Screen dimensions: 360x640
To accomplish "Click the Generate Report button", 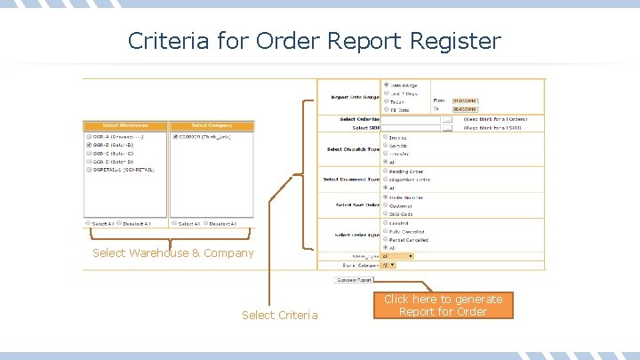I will click(x=354, y=279).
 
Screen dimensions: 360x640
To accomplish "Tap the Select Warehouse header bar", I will click(x=124, y=125).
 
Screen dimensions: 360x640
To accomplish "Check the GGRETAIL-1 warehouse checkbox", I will click(x=88, y=169).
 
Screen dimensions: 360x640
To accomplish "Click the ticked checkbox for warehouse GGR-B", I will click(x=88, y=145).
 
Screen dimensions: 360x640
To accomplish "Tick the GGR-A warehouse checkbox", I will click(x=88, y=137).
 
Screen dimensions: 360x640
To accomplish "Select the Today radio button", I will click(x=386, y=102).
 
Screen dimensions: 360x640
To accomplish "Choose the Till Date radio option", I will click(x=386, y=110).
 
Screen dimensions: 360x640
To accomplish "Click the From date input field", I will click(x=465, y=101).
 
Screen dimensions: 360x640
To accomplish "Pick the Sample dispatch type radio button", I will click(x=386, y=146).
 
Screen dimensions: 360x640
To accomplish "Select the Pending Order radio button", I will click(x=386, y=172).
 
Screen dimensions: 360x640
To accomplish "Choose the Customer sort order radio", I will click(x=386, y=205).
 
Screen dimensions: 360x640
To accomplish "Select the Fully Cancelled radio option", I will click(x=386, y=231).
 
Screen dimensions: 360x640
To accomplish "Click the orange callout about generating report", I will click(x=443, y=306).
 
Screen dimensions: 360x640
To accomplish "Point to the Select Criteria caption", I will click(x=279, y=316).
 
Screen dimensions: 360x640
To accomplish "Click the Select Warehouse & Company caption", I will click(x=172, y=253).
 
